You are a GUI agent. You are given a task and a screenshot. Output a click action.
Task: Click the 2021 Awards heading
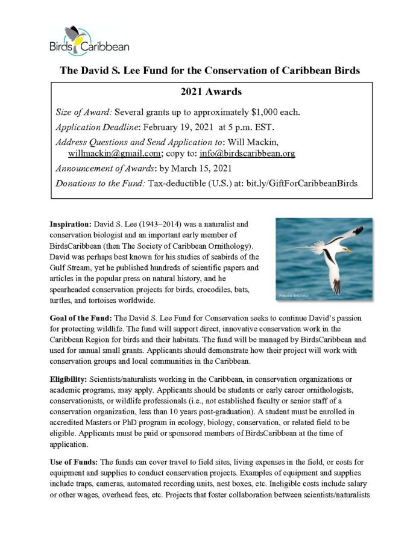[x=209, y=92]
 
